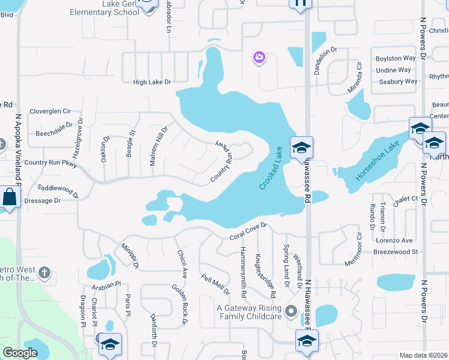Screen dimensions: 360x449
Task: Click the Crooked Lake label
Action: (x=271, y=168)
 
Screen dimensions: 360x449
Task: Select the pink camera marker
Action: (x=259, y=57)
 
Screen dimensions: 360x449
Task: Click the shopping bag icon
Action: (x=10, y=197)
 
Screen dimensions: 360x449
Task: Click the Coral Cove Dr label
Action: (x=247, y=233)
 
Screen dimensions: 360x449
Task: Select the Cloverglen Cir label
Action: (x=50, y=111)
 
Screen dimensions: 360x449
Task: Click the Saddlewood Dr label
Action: (x=58, y=190)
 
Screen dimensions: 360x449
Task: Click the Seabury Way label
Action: (x=394, y=82)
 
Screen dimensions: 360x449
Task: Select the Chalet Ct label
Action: (x=405, y=198)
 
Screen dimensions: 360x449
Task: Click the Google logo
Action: (x=20, y=353)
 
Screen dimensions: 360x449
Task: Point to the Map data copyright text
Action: (x=424, y=355)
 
